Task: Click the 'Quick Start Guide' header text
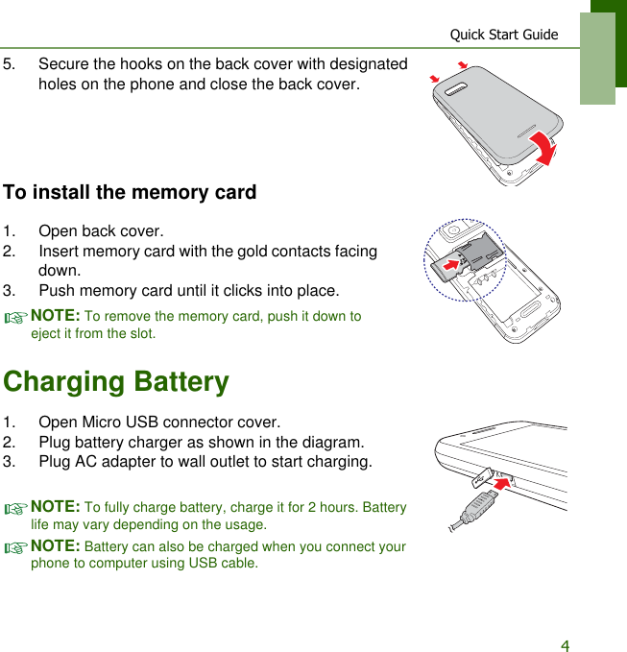[x=503, y=35]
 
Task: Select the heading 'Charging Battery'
[x=116, y=381]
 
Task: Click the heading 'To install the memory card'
[x=130, y=192]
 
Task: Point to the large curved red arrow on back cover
[x=544, y=148]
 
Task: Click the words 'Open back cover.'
[x=101, y=231]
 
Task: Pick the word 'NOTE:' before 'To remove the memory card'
[x=56, y=315]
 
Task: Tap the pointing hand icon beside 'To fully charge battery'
[x=16, y=509]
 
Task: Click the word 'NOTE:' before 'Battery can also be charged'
[x=56, y=546]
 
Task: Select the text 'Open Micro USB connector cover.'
[x=159, y=423]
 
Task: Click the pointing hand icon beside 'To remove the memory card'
[x=16, y=318]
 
